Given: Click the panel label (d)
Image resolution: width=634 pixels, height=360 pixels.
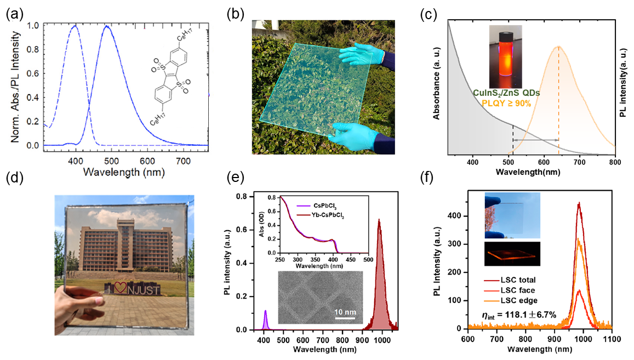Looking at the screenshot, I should coord(13,179).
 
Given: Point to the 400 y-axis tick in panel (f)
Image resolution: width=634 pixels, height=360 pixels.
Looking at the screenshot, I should coord(459,216).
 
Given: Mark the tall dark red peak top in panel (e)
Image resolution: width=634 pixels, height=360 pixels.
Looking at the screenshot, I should coord(379,220).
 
